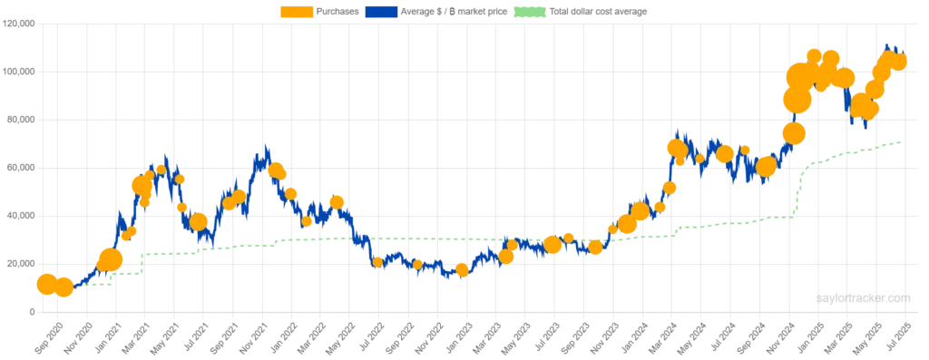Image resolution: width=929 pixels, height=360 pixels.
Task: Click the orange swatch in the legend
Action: [297, 14]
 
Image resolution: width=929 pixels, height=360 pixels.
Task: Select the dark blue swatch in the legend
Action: [381, 14]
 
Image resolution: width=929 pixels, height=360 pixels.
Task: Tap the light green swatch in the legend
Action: [529, 14]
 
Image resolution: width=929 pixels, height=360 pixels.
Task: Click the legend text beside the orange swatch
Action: [337, 14]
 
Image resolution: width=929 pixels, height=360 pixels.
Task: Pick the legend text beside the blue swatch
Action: [452, 14]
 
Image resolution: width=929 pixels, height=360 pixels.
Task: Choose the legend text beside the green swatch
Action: [601, 14]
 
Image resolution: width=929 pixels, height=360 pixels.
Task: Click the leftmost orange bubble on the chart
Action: [46, 284]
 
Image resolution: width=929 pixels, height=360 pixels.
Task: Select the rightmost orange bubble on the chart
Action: [899, 62]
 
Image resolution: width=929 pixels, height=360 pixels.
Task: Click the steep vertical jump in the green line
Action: [799, 190]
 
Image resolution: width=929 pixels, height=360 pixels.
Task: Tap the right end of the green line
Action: [902, 141]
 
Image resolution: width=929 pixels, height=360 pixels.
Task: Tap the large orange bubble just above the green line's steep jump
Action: [795, 133]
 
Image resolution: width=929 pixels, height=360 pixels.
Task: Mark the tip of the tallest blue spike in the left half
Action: [266, 143]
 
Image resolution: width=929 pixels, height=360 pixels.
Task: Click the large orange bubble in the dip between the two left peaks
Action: [199, 222]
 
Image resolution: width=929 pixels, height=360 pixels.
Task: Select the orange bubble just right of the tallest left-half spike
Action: [277, 171]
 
